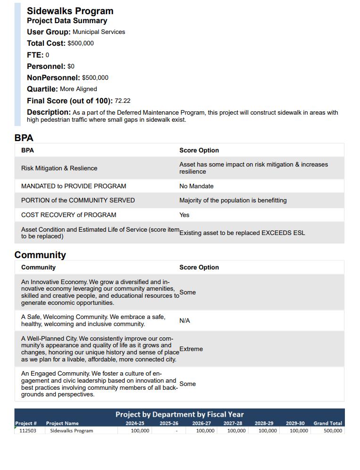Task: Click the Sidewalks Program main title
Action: tap(70, 11)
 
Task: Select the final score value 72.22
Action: tap(123, 101)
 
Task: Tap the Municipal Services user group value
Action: tap(99, 32)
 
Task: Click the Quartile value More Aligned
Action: tap(78, 89)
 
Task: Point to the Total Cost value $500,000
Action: tap(81, 43)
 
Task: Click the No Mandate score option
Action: tap(196, 186)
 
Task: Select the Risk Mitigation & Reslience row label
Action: tap(59, 168)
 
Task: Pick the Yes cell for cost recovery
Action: tap(184, 215)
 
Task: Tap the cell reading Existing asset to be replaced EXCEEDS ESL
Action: tap(242, 233)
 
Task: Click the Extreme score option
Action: tap(191, 349)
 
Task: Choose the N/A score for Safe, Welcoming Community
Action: tap(184, 321)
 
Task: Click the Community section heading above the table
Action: tap(40, 255)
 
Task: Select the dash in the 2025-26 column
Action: tap(176, 431)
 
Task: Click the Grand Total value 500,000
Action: tap(333, 430)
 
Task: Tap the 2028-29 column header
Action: tap(264, 423)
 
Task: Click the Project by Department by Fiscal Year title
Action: tap(179, 414)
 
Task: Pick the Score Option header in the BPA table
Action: tap(199, 151)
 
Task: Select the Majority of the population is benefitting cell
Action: tap(233, 201)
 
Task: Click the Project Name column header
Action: tap(62, 423)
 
